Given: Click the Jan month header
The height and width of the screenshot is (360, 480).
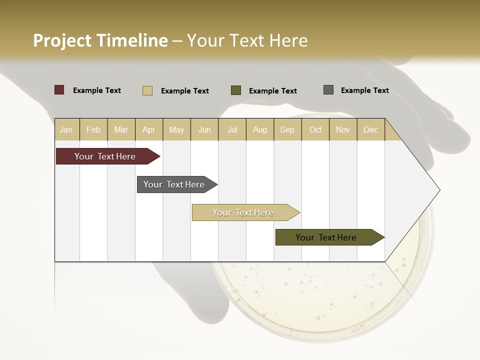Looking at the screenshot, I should (x=66, y=129).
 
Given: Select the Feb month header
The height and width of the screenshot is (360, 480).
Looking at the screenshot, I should (x=93, y=129).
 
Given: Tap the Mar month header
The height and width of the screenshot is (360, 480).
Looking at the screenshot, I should (x=121, y=129).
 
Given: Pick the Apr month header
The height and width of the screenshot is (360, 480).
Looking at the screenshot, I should (x=149, y=129).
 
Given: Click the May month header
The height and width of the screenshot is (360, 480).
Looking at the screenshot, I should (x=176, y=129).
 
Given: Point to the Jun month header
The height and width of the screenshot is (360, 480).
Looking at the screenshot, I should (x=204, y=129).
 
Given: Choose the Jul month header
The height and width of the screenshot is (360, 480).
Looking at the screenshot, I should (x=232, y=129).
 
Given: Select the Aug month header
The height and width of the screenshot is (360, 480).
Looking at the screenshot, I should (x=260, y=129).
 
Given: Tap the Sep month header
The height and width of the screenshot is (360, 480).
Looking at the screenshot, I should (x=287, y=129).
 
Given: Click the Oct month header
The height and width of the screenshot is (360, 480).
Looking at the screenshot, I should (x=315, y=129).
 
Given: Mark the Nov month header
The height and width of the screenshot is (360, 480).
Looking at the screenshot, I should (x=343, y=129).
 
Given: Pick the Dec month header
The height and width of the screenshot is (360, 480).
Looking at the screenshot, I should (x=370, y=129).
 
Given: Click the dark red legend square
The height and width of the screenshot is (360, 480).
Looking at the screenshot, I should (x=59, y=90).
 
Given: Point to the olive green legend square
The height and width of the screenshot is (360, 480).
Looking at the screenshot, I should (x=236, y=90).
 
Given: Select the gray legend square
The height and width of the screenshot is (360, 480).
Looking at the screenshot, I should (x=328, y=90).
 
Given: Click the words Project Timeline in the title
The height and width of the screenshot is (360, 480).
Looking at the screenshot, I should (x=100, y=40).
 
